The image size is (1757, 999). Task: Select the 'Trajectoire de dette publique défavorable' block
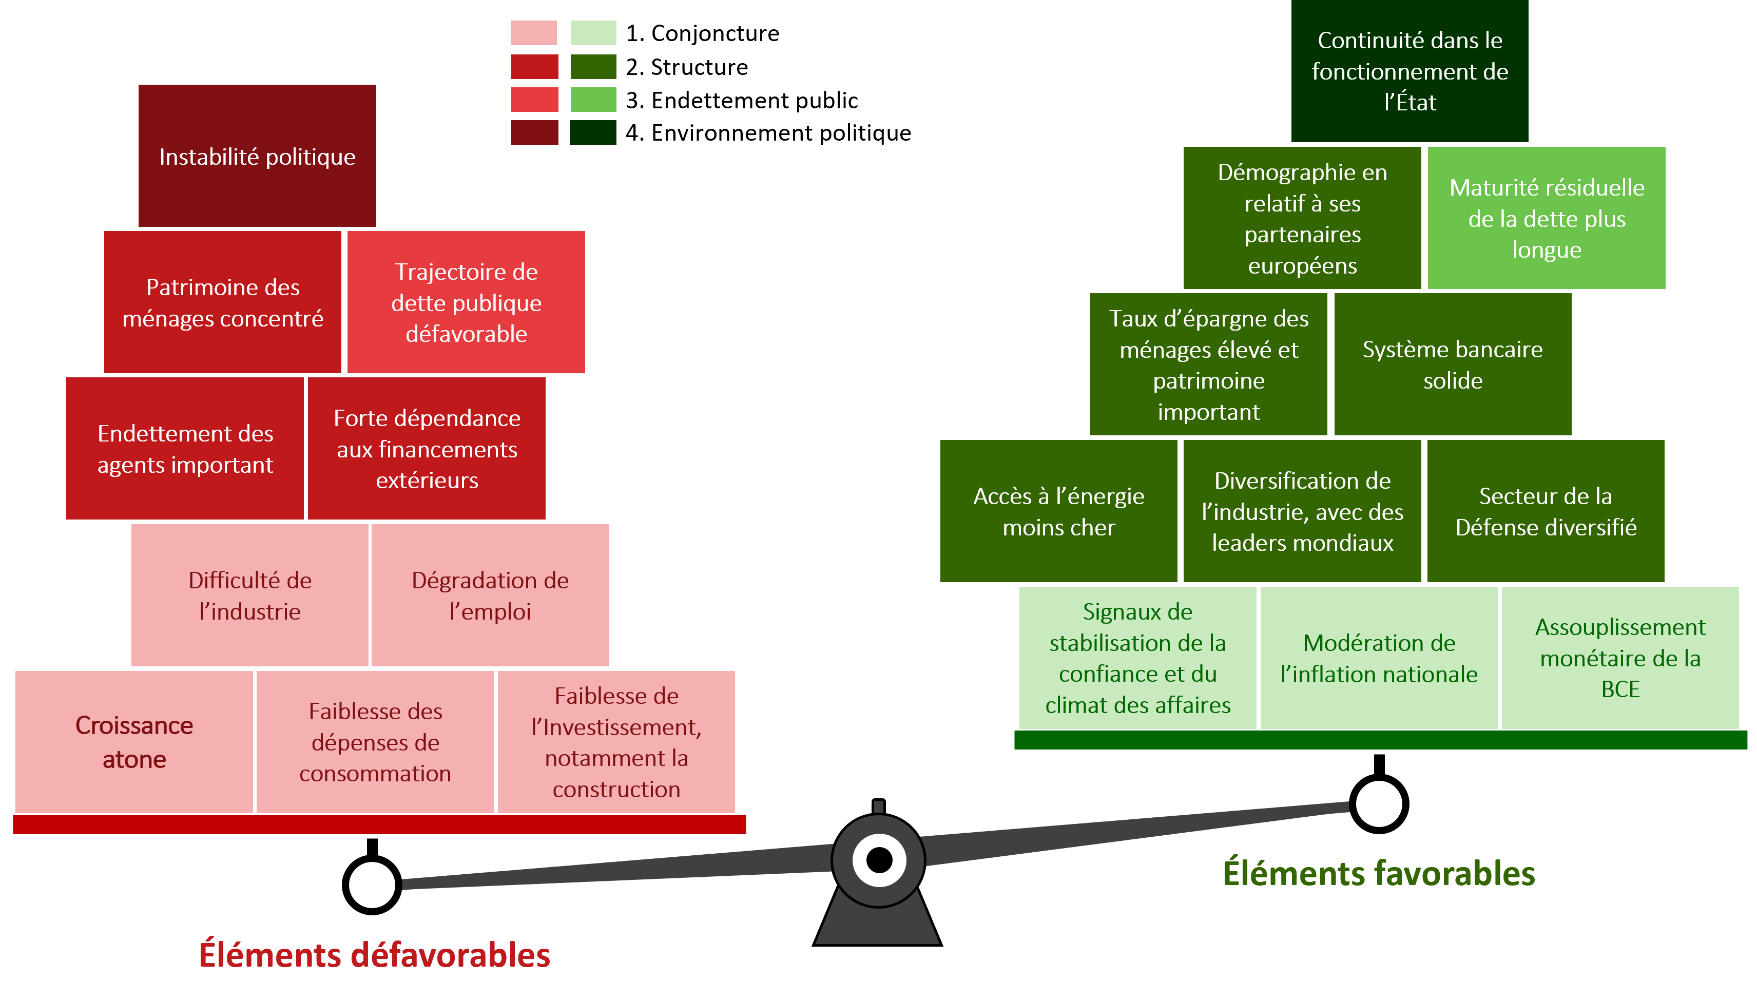(466, 302)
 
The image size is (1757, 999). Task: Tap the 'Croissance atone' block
(134, 742)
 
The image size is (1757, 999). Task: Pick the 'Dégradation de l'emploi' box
(490, 595)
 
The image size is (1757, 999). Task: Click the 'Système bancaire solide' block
(1453, 364)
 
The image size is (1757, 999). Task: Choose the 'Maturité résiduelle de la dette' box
(1547, 218)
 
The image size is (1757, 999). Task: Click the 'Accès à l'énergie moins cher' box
(1058, 511)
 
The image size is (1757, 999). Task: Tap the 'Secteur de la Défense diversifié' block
(1546, 511)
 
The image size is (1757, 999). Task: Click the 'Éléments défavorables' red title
(375, 954)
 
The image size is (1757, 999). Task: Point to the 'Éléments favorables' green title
(1378, 873)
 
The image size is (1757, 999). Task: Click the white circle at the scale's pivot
(879, 860)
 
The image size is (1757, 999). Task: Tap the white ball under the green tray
(1378, 803)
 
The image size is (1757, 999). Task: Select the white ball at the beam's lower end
(372, 885)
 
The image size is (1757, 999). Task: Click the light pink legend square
(534, 33)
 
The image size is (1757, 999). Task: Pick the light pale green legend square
(593, 33)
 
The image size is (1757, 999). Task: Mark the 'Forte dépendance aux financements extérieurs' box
(427, 448)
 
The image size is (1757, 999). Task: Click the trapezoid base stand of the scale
(877, 923)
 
